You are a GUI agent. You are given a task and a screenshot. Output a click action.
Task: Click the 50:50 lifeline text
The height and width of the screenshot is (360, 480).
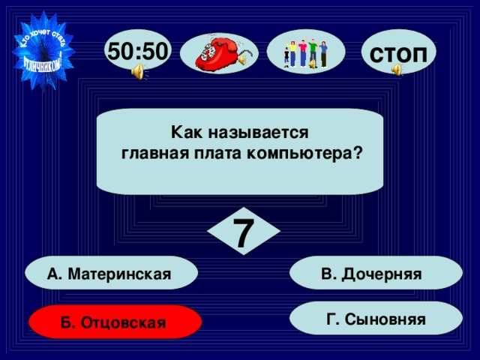[x=139, y=50]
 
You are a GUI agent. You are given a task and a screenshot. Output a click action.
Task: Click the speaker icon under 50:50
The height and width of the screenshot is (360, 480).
[x=138, y=71]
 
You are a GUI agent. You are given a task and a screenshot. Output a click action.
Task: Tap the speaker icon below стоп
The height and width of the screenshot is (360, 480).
[x=396, y=70]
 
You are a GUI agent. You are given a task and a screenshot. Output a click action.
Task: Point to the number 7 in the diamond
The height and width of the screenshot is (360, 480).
[x=241, y=233]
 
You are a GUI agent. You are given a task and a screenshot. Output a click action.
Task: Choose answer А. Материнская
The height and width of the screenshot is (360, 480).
[x=111, y=274]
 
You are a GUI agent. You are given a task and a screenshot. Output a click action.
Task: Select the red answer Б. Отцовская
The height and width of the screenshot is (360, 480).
[x=114, y=322]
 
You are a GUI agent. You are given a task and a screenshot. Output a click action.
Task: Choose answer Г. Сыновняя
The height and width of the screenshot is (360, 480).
[x=377, y=319]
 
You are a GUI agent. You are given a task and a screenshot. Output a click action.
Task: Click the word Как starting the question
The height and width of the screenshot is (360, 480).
[x=184, y=133]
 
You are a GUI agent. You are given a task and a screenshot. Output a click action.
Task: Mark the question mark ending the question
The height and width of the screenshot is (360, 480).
[x=358, y=153]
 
